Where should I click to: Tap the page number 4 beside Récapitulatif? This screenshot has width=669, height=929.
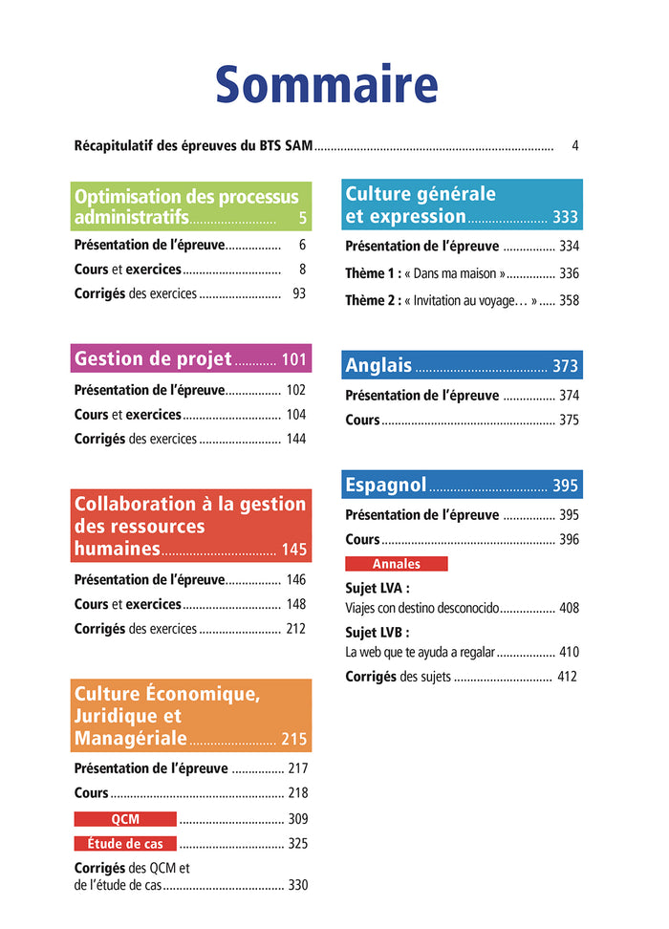[575, 146]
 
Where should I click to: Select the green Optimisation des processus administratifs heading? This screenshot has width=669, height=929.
[190, 207]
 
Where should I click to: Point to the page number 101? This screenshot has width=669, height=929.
[294, 360]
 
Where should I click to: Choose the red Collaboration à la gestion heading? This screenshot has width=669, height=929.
[190, 526]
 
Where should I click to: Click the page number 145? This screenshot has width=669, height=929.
[294, 550]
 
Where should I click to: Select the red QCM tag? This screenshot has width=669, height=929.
[125, 819]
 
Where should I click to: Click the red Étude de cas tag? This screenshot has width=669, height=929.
[125, 844]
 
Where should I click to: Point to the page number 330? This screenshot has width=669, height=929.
[298, 885]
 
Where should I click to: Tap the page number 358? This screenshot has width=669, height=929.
[569, 300]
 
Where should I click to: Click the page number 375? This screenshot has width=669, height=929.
[569, 420]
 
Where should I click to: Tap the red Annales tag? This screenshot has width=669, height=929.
[396, 564]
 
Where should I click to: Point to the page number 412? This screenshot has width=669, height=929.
[568, 677]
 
